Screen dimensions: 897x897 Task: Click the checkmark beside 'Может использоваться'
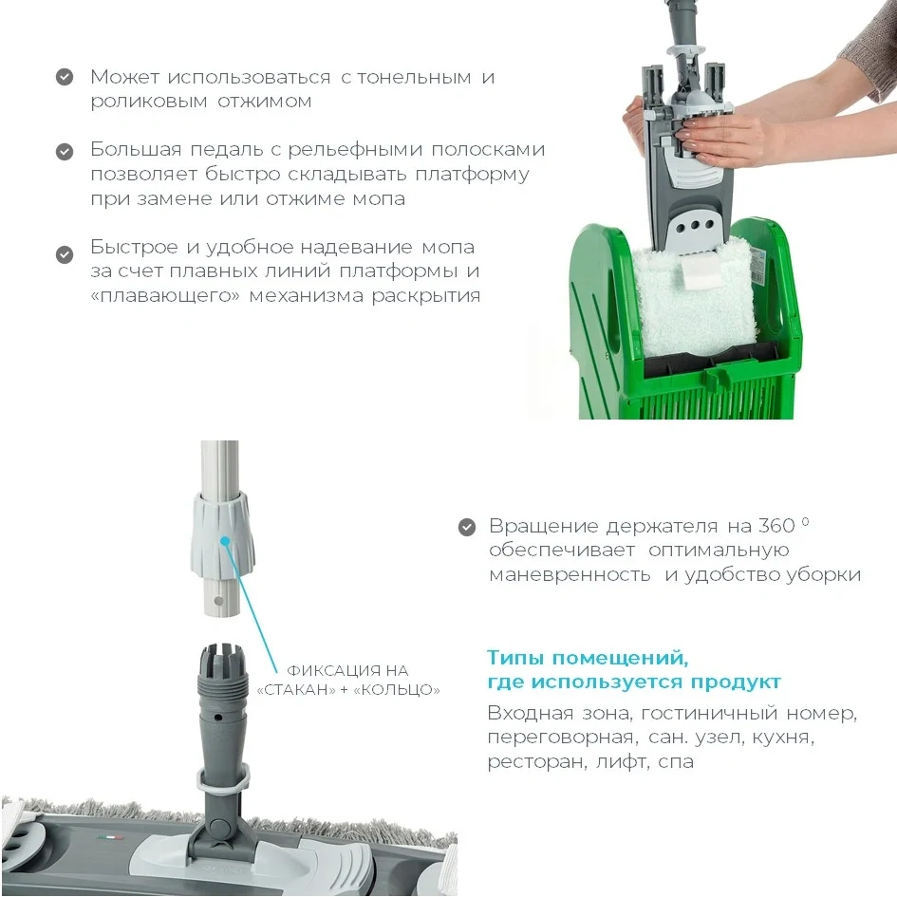65,77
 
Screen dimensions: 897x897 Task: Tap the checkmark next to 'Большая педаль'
65,152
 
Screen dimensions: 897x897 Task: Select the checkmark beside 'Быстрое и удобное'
65,254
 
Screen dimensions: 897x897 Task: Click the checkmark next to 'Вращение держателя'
467,528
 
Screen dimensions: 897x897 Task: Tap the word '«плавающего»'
165,297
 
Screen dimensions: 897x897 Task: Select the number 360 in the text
776,525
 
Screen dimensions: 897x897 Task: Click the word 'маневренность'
570,575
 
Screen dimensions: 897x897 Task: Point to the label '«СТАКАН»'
297,690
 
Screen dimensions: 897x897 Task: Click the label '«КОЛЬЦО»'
397,690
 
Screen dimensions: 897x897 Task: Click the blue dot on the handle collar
225,541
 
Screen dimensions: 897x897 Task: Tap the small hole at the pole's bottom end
218,602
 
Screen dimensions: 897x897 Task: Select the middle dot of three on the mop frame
695,225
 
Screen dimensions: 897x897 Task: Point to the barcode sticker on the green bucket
759,269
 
